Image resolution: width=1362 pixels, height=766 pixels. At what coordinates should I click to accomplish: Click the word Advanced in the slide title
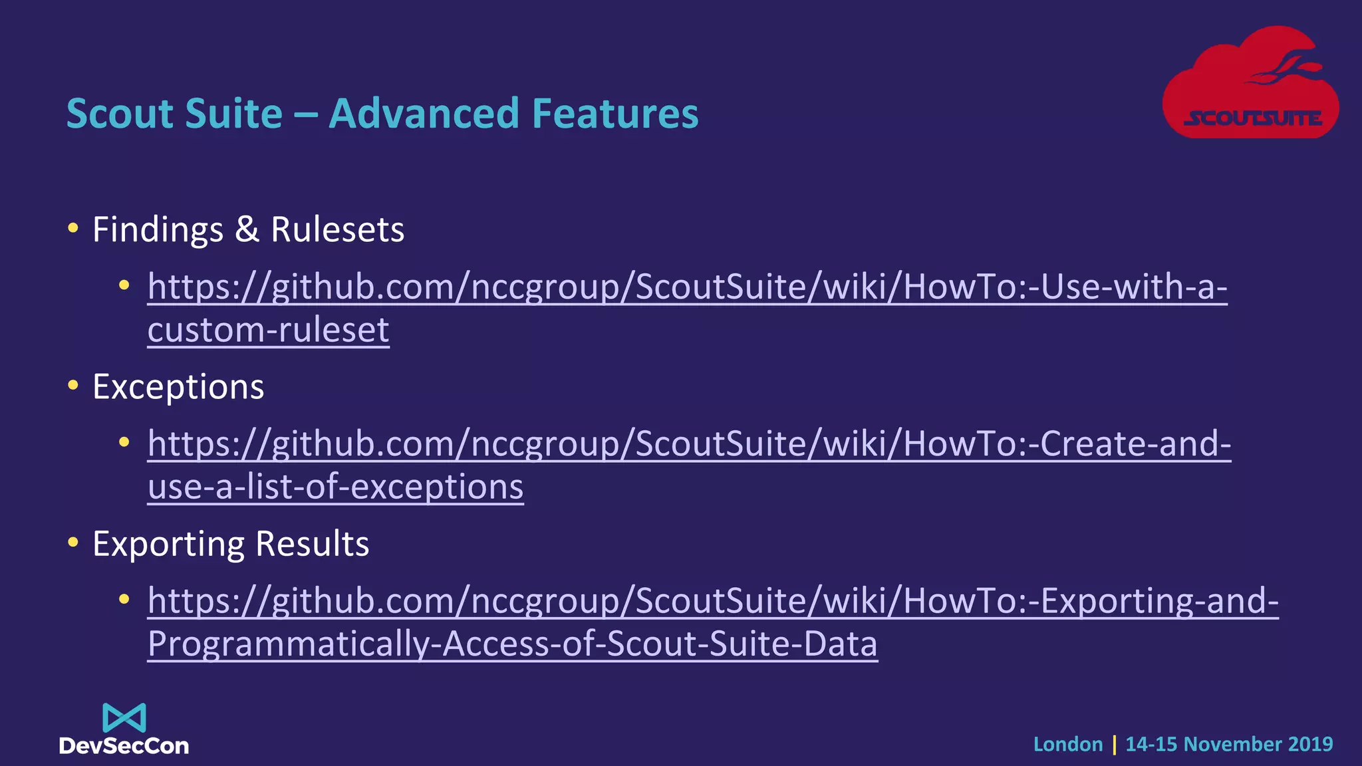pyautogui.click(x=424, y=113)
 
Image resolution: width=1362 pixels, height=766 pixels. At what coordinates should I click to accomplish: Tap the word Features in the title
pyautogui.click(x=615, y=113)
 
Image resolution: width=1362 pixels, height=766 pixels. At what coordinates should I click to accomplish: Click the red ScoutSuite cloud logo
pyautogui.click(x=1250, y=83)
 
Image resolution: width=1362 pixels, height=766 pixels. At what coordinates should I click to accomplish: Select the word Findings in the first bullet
pyautogui.click(x=158, y=230)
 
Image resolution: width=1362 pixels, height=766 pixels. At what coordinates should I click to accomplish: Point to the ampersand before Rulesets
pyautogui.click(x=247, y=229)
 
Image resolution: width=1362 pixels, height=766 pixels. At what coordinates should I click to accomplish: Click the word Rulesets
pyautogui.click(x=337, y=230)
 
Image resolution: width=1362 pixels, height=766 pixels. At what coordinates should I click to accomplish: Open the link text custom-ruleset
pyautogui.click(x=268, y=330)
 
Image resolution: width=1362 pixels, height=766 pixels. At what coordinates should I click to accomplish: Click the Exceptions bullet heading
pyautogui.click(x=178, y=387)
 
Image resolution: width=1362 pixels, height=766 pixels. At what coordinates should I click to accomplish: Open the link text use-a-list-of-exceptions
pyautogui.click(x=335, y=487)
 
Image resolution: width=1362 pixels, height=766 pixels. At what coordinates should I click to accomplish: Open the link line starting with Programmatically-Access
pyautogui.click(x=512, y=644)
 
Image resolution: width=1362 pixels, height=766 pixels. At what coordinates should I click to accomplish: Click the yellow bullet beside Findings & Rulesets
pyautogui.click(x=73, y=229)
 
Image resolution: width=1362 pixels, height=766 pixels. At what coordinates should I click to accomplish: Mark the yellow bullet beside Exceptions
pyautogui.click(x=73, y=386)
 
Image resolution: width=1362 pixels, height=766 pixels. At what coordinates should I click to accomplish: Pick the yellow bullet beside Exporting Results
pyautogui.click(x=73, y=543)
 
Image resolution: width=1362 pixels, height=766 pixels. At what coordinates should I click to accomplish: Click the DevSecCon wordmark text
pyautogui.click(x=124, y=746)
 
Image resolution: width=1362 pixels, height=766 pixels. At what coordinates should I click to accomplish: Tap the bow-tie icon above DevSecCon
pyautogui.click(x=124, y=718)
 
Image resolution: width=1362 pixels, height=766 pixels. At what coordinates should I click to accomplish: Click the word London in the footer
pyautogui.click(x=1068, y=744)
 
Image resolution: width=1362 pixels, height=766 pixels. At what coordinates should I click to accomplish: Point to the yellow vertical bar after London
pyautogui.click(x=1114, y=744)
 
